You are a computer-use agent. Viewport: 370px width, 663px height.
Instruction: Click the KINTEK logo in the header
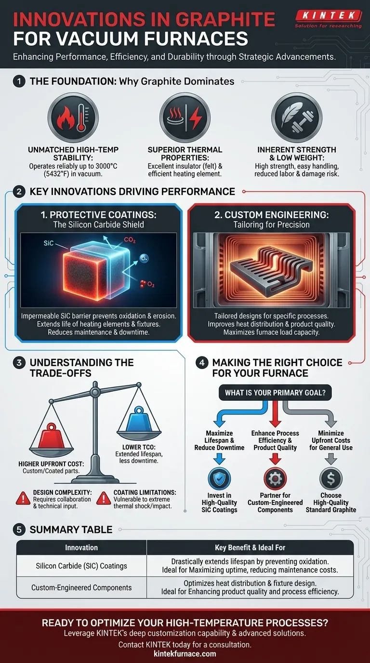[x=328, y=18]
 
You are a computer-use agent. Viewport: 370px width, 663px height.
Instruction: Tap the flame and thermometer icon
[x=73, y=118]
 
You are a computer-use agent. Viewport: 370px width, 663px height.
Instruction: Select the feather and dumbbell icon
[x=297, y=118]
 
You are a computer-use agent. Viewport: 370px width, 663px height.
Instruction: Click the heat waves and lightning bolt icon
[x=185, y=118]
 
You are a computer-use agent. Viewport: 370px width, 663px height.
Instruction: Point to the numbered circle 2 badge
[x=19, y=191]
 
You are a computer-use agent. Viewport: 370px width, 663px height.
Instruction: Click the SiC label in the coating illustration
[x=49, y=243]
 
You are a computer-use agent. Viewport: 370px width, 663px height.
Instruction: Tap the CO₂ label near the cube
[x=130, y=240]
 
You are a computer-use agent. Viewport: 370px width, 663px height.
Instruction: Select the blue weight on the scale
[x=139, y=419]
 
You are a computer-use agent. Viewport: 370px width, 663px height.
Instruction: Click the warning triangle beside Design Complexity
[x=23, y=498]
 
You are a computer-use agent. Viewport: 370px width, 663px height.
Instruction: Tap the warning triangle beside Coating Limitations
[x=104, y=498]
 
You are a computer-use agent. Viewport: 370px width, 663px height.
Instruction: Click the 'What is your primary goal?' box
[x=275, y=393]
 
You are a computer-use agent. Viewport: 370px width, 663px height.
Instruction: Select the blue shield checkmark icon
[x=219, y=478]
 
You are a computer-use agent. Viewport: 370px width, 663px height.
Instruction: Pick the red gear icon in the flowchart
[x=275, y=478]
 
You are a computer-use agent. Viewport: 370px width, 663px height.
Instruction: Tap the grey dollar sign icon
[x=331, y=478]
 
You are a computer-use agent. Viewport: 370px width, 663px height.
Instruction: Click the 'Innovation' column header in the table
[x=81, y=547]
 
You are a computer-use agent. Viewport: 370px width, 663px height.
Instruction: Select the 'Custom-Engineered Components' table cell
[x=81, y=587]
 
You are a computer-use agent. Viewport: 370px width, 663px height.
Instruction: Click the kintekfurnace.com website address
[x=185, y=653]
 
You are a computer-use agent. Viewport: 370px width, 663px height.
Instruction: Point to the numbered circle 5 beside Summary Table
[x=19, y=530]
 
